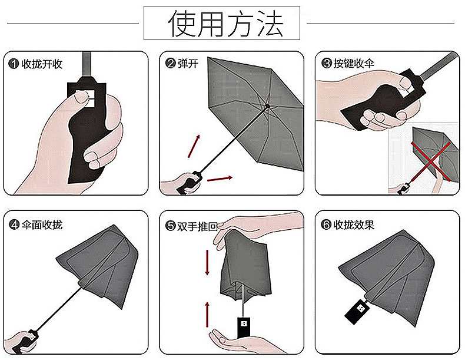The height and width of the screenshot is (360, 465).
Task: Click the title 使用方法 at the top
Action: click(225, 23)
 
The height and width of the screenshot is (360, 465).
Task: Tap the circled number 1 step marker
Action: click(14, 64)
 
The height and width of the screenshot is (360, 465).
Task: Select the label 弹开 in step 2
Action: click(188, 64)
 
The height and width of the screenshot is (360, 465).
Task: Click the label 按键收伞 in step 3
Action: click(354, 63)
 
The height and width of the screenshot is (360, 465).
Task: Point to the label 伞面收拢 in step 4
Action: click(42, 224)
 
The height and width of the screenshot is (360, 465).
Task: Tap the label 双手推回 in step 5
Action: click(197, 226)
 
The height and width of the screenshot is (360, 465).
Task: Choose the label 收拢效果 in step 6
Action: click(354, 224)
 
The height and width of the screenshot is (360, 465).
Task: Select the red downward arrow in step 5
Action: click(207, 262)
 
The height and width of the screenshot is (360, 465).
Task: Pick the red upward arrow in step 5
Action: click(207, 315)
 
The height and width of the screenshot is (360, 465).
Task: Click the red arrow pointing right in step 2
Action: click(220, 179)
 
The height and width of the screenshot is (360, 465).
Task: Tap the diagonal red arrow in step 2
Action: click(194, 146)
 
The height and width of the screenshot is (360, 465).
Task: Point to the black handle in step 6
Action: click(357, 312)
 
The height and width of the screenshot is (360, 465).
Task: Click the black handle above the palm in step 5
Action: click(244, 328)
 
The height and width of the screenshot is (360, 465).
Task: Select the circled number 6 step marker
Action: click(326, 224)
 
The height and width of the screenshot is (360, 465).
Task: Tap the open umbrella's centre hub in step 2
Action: click(267, 106)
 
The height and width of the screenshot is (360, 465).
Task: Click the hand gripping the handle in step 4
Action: click(21, 342)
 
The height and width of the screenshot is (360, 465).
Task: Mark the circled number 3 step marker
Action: click(327, 63)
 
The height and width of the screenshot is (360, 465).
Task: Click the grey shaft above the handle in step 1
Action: click(87, 64)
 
